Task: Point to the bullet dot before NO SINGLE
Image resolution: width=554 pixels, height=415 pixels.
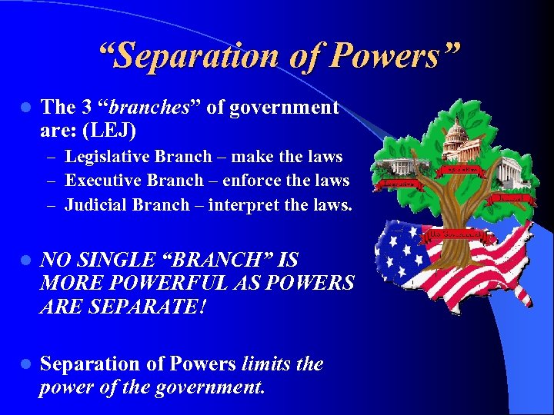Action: pyautogui.click(x=25, y=261)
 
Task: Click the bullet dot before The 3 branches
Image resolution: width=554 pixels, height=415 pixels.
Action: pyautogui.click(x=25, y=108)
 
